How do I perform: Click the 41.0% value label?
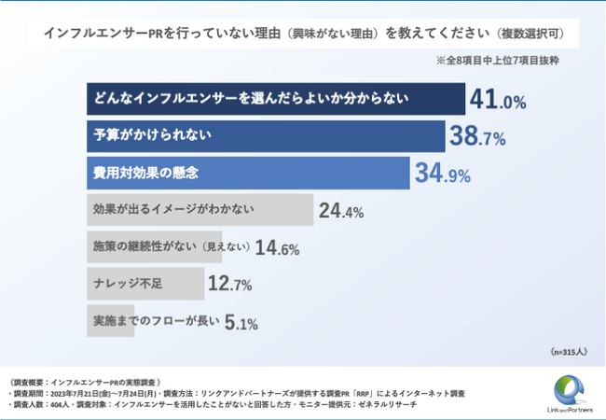click(x=500, y=100)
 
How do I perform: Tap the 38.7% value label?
click(x=477, y=137)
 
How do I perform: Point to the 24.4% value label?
click(x=341, y=211)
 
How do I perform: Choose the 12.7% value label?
click(x=231, y=284)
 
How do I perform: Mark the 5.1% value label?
click(x=241, y=323)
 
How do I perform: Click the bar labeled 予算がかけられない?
click(x=266, y=136)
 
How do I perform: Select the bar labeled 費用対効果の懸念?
click(x=248, y=174)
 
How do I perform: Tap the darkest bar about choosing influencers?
click(x=276, y=99)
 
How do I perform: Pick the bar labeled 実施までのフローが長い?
click(x=154, y=321)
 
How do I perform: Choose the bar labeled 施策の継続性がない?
click(x=154, y=247)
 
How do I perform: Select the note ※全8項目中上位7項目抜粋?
click(x=503, y=60)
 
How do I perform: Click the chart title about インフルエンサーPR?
click(x=303, y=34)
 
